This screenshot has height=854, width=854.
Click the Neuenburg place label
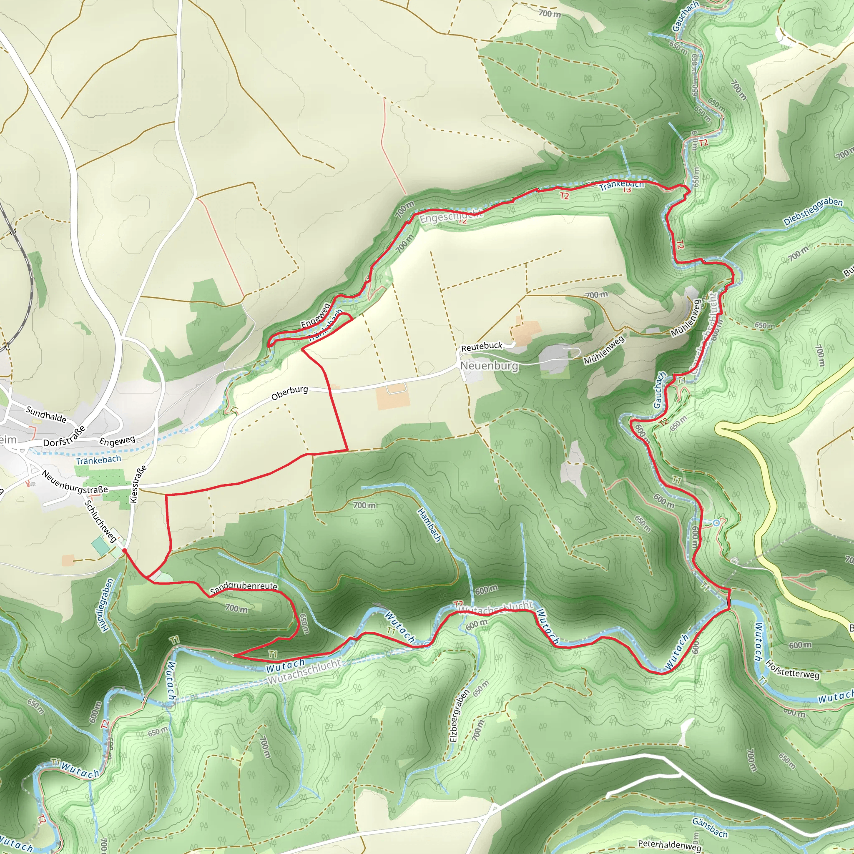coord(489,366)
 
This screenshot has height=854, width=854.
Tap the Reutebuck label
coord(482,347)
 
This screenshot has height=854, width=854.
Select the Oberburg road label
coord(289,392)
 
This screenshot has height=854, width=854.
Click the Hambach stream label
coord(429,525)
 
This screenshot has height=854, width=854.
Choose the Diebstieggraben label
coord(813,211)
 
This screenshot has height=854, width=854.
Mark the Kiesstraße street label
coord(138,484)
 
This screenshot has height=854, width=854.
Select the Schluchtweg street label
coord(101,521)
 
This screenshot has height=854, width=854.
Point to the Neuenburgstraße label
coord(74,482)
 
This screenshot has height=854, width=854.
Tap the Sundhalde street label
coord(46,414)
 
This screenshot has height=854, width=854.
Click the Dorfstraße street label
coord(65,437)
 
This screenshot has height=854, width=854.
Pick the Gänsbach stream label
coord(709,827)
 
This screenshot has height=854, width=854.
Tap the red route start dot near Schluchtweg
coord(125,551)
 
